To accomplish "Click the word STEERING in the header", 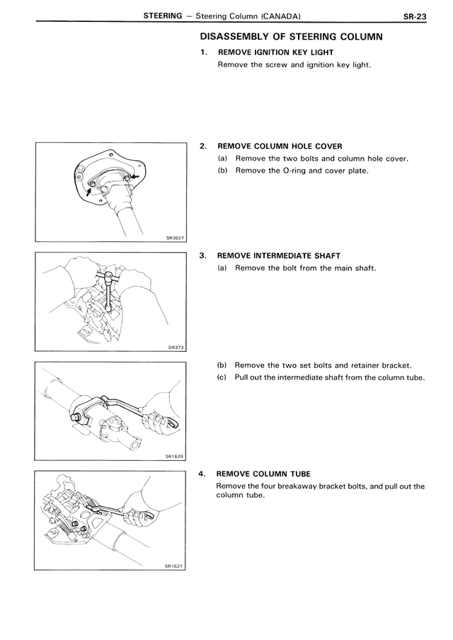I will pyautogui.click(x=164, y=14).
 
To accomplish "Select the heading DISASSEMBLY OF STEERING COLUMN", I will pyautogui.click(x=291, y=36).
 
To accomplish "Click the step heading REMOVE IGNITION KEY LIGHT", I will pyautogui.click(x=275, y=52).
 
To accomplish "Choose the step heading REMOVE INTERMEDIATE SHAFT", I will pyautogui.click(x=278, y=256).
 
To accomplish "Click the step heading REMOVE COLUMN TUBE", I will pyautogui.click(x=263, y=474).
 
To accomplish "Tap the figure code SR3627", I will pyautogui.click(x=170, y=239).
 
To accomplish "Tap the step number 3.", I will pyautogui.click(x=202, y=256).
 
